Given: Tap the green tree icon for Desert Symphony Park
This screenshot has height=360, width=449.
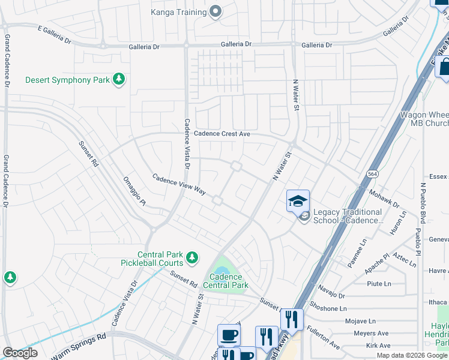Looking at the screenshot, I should [x=119, y=80].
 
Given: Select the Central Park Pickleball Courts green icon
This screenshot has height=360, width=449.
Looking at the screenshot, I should [x=191, y=258].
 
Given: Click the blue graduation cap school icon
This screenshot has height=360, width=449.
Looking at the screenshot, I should [x=298, y=202].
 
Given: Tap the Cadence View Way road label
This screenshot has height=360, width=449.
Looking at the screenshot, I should [x=179, y=184].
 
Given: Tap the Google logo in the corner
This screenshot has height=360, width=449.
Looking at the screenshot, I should [x=20, y=352].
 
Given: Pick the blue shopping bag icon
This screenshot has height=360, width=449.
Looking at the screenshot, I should [x=445, y=67].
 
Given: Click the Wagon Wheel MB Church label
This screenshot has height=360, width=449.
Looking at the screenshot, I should [x=424, y=119].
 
